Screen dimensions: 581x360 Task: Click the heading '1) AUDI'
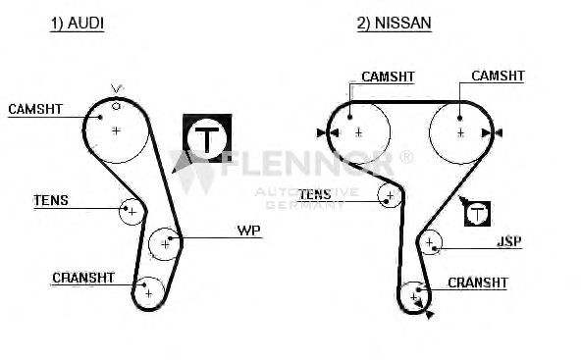[78, 24]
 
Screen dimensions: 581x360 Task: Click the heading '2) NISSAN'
[394, 23]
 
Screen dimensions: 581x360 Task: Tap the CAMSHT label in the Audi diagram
[35, 109]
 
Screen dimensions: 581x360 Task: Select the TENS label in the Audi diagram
[51, 200]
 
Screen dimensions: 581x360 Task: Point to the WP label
[249, 231]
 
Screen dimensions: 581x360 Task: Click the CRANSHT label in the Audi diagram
[83, 278]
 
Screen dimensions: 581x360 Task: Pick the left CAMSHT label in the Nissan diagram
[388, 77]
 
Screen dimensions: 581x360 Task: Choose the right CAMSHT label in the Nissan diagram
[498, 76]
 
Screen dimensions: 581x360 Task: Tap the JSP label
[509, 241]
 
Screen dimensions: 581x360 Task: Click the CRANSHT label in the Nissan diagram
[477, 283]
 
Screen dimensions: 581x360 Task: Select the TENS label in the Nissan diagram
[315, 194]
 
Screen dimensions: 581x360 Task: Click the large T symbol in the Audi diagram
[207, 138]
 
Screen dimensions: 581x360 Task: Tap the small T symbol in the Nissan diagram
[478, 214]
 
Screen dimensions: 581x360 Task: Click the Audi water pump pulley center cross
[165, 244]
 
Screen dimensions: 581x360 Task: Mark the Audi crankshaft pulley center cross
[148, 294]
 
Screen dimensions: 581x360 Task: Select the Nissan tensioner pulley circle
[378, 195]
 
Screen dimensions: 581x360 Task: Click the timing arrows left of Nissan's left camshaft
[328, 132]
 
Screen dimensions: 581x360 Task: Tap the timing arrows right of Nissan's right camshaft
[492, 132]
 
